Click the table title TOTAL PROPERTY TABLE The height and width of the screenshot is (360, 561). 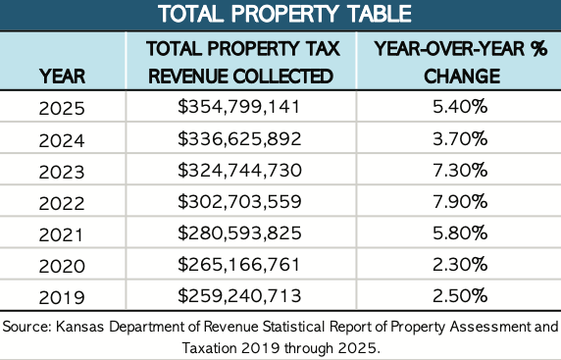click(x=284, y=14)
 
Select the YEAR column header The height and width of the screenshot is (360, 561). click(x=62, y=77)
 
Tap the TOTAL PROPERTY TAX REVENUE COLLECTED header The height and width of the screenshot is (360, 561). click(x=241, y=62)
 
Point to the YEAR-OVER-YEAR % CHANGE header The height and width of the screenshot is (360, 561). click(x=461, y=62)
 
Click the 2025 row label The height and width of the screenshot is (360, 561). click(x=62, y=108)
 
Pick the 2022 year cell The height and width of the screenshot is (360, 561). click(x=62, y=203)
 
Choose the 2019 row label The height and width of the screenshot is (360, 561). click(x=62, y=297)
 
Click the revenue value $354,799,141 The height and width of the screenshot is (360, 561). click(x=238, y=107)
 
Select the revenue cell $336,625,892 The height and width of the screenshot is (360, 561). click(x=239, y=138)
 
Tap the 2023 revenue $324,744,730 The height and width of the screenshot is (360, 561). click(x=239, y=170)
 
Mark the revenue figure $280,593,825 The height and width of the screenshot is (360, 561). click(x=239, y=232)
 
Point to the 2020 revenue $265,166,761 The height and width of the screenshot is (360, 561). click(x=238, y=265)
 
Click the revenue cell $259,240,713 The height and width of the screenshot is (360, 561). click(x=239, y=295)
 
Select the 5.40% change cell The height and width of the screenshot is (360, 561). click(x=460, y=107)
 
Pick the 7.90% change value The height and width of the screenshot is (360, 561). click(x=460, y=201)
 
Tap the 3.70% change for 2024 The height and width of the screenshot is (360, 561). click(x=460, y=138)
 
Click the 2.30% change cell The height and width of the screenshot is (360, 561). click(x=460, y=265)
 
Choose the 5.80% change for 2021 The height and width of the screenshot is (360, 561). click(x=460, y=232)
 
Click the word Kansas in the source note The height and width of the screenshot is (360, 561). click(x=79, y=327)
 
